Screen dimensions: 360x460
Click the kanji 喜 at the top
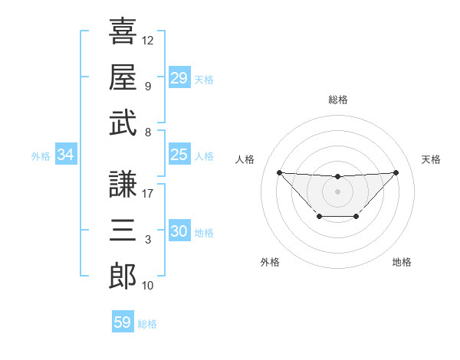click(123, 31)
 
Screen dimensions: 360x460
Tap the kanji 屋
click(123, 77)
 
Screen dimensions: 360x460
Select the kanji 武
click(123, 123)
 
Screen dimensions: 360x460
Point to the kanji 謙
click(123, 184)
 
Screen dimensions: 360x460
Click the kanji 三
click(123, 230)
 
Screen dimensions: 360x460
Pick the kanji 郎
click(123, 276)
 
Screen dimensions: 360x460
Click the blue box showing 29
click(179, 78)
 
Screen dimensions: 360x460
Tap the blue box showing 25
click(179, 155)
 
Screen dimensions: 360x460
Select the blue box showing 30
click(179, 232)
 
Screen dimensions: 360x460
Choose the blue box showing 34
click(66, 155)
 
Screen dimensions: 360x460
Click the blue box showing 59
click(123, 322)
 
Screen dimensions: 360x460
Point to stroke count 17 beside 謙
click(148, 194)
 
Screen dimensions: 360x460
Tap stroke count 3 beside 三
click(148, 240)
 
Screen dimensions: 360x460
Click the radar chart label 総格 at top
click(337, 100)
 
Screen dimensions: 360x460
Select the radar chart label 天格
click(432, 159)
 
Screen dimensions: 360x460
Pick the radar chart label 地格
click(402, 262)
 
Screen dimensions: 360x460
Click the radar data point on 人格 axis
click(279, 172)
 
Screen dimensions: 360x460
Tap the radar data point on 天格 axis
click(396, 172)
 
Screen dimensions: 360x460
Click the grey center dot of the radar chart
click(337, 191)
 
